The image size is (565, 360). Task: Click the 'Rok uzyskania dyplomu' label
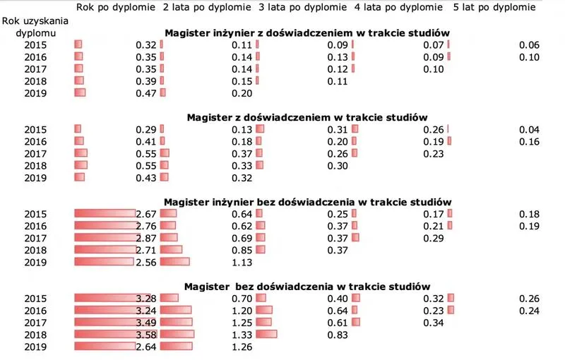coord(35,26)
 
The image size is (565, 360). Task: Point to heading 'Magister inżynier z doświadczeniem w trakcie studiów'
coord(307,33)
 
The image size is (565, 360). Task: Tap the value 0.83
coord(338,334)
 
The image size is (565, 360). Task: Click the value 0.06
coord(529,45)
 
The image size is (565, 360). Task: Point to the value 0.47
coord(145,93)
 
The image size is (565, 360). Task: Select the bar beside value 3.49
coord(105,322)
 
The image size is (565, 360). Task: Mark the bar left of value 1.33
coord(177,334)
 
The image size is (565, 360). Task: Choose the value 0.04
coord(529,129)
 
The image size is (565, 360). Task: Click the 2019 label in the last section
coord(35,346)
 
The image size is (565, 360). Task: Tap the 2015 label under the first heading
coord(35,45)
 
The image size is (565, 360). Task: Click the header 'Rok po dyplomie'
coord(115,8)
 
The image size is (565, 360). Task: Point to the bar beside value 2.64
coord(105,346)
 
